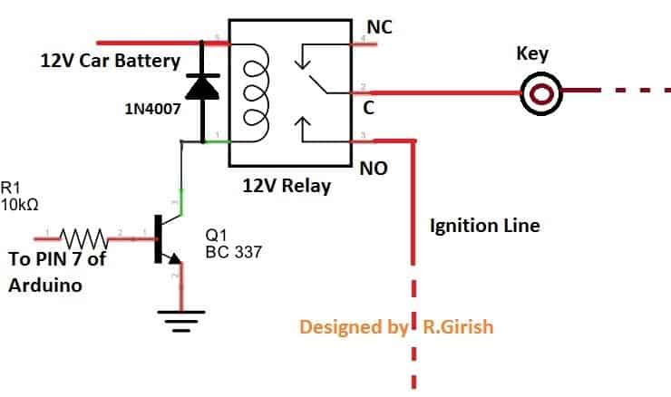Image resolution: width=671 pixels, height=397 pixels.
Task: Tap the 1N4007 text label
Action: [x=151, y=109]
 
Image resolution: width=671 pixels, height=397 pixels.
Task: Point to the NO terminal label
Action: [x=374, y=168]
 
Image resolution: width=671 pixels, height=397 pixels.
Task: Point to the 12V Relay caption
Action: [x=285, y=187]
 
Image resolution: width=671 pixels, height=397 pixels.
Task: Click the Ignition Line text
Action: [x=485, y=225]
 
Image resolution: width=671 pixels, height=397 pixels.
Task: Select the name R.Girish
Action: [x=459, y=326]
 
